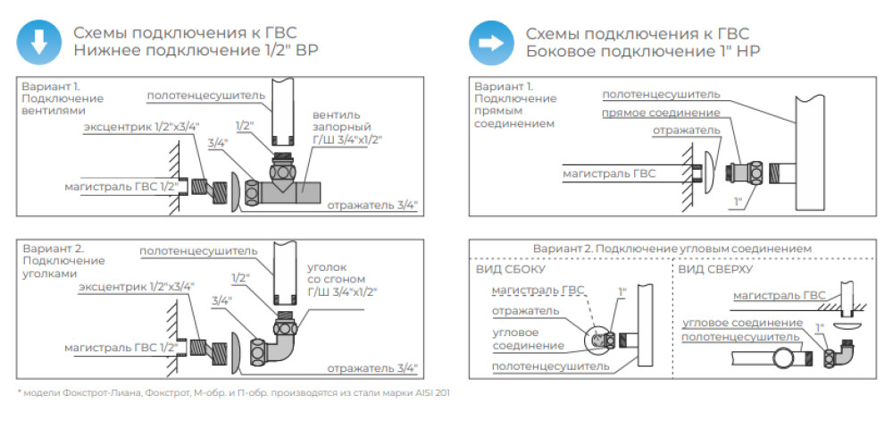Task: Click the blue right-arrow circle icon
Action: tap(489, 41)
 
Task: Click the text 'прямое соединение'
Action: tap(661, 114)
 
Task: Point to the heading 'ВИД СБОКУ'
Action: tap(507, 267)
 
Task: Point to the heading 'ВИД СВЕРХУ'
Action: tap(714, 267)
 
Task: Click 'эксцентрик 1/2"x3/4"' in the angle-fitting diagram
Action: tap(135, 286)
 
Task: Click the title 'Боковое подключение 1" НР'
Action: tap(643, 51)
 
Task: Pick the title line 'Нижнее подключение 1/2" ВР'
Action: tap(196, 51)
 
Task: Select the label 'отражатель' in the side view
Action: tap(529, 311)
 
